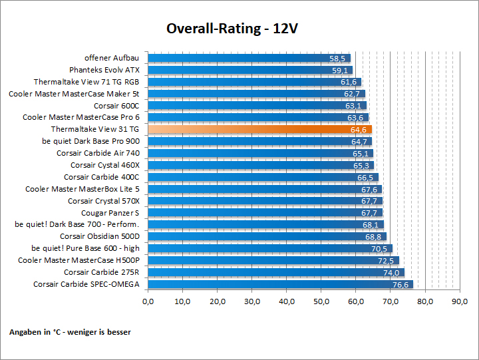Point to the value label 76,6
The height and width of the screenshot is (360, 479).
coord(400,285)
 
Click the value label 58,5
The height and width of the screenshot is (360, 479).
coord(339,59)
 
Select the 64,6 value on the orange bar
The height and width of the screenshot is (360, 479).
coord(359,129)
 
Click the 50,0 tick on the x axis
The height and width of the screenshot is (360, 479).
coord(321,301)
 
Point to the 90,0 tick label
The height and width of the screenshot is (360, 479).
coord(460,301)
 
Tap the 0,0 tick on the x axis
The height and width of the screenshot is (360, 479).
coord(148,301)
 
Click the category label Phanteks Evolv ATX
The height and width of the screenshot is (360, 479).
coord(104,70)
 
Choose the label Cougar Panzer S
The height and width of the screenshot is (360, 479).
coord(110,213)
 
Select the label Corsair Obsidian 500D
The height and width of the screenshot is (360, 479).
coord(100,236)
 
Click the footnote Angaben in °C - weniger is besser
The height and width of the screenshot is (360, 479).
coord(70,331)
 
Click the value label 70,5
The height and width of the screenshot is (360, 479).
coord(379,249)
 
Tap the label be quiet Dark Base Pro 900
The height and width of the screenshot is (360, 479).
coord(90,141)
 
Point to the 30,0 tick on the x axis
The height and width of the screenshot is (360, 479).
coord(252,301)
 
